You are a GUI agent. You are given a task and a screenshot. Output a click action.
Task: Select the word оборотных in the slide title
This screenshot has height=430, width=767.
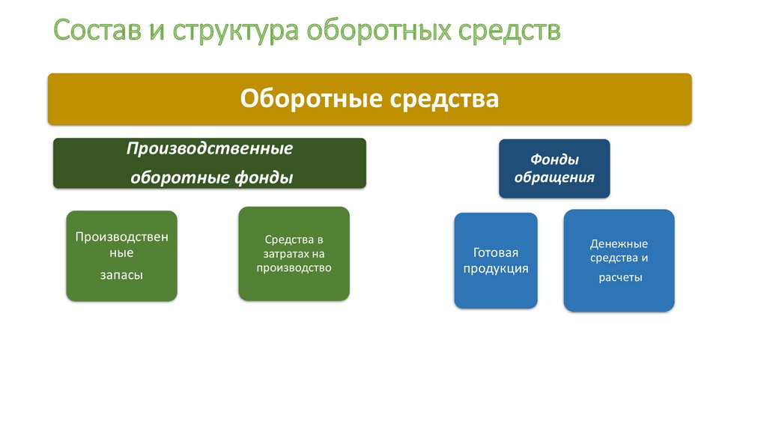coord(382,31)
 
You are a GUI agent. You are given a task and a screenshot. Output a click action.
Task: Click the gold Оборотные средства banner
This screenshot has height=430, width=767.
coord(369,99)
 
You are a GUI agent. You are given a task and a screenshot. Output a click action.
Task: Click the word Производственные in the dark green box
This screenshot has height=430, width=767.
coord(209,148)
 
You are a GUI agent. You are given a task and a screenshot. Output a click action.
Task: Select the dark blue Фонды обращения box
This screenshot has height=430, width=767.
coord(554,169)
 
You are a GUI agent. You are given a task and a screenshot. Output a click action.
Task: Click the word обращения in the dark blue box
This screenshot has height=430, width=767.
coord(554,178)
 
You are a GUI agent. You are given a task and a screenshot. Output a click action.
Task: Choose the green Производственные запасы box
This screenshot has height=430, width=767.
coord(121,255)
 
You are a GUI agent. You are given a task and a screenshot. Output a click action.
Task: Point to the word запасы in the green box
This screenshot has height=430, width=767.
coord(121,275)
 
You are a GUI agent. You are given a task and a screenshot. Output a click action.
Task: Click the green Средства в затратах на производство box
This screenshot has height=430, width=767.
coord(294,253)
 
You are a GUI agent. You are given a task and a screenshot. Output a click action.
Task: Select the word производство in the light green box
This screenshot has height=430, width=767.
coord(294,267)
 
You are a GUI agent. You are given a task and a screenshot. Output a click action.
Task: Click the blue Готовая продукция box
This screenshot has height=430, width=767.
coord(495,261)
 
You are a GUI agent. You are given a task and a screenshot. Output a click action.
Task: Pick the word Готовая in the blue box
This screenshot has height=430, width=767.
coord(495,253)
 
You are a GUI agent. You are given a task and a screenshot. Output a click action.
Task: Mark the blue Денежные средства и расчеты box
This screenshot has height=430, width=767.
coord(619,260)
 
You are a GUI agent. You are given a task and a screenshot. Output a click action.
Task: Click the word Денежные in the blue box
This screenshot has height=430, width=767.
coord(619,243)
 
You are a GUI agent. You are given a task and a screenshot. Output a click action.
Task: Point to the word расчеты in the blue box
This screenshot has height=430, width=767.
coord(619,277)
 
